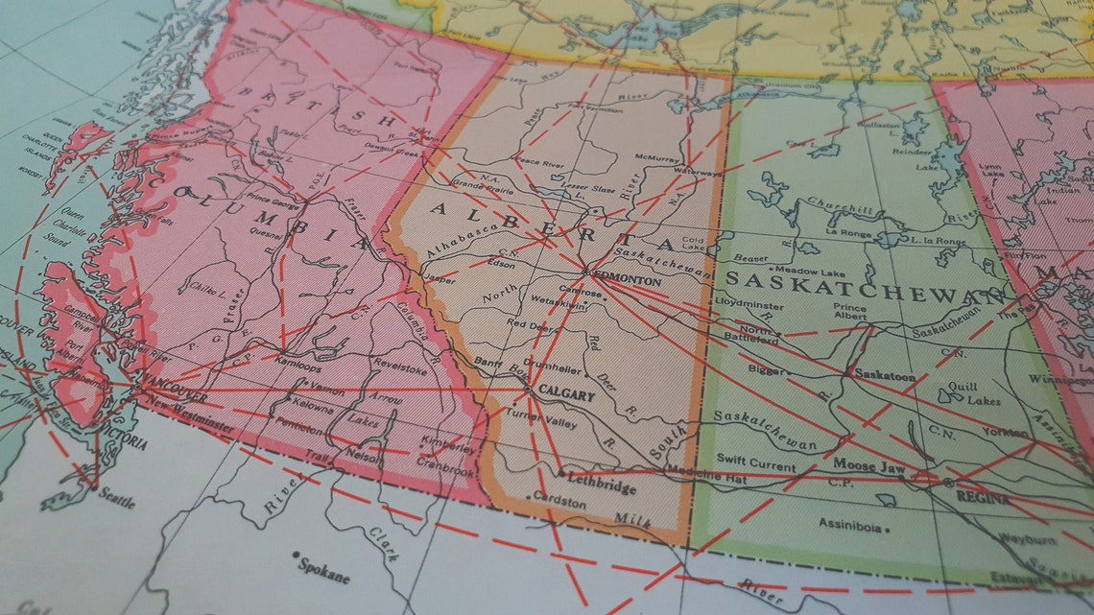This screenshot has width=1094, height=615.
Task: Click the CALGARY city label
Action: click(561, 392)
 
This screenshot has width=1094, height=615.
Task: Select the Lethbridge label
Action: click(602, 487)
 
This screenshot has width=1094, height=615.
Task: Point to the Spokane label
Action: click(325, 573)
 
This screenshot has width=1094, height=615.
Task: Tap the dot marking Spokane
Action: click(297, 556)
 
